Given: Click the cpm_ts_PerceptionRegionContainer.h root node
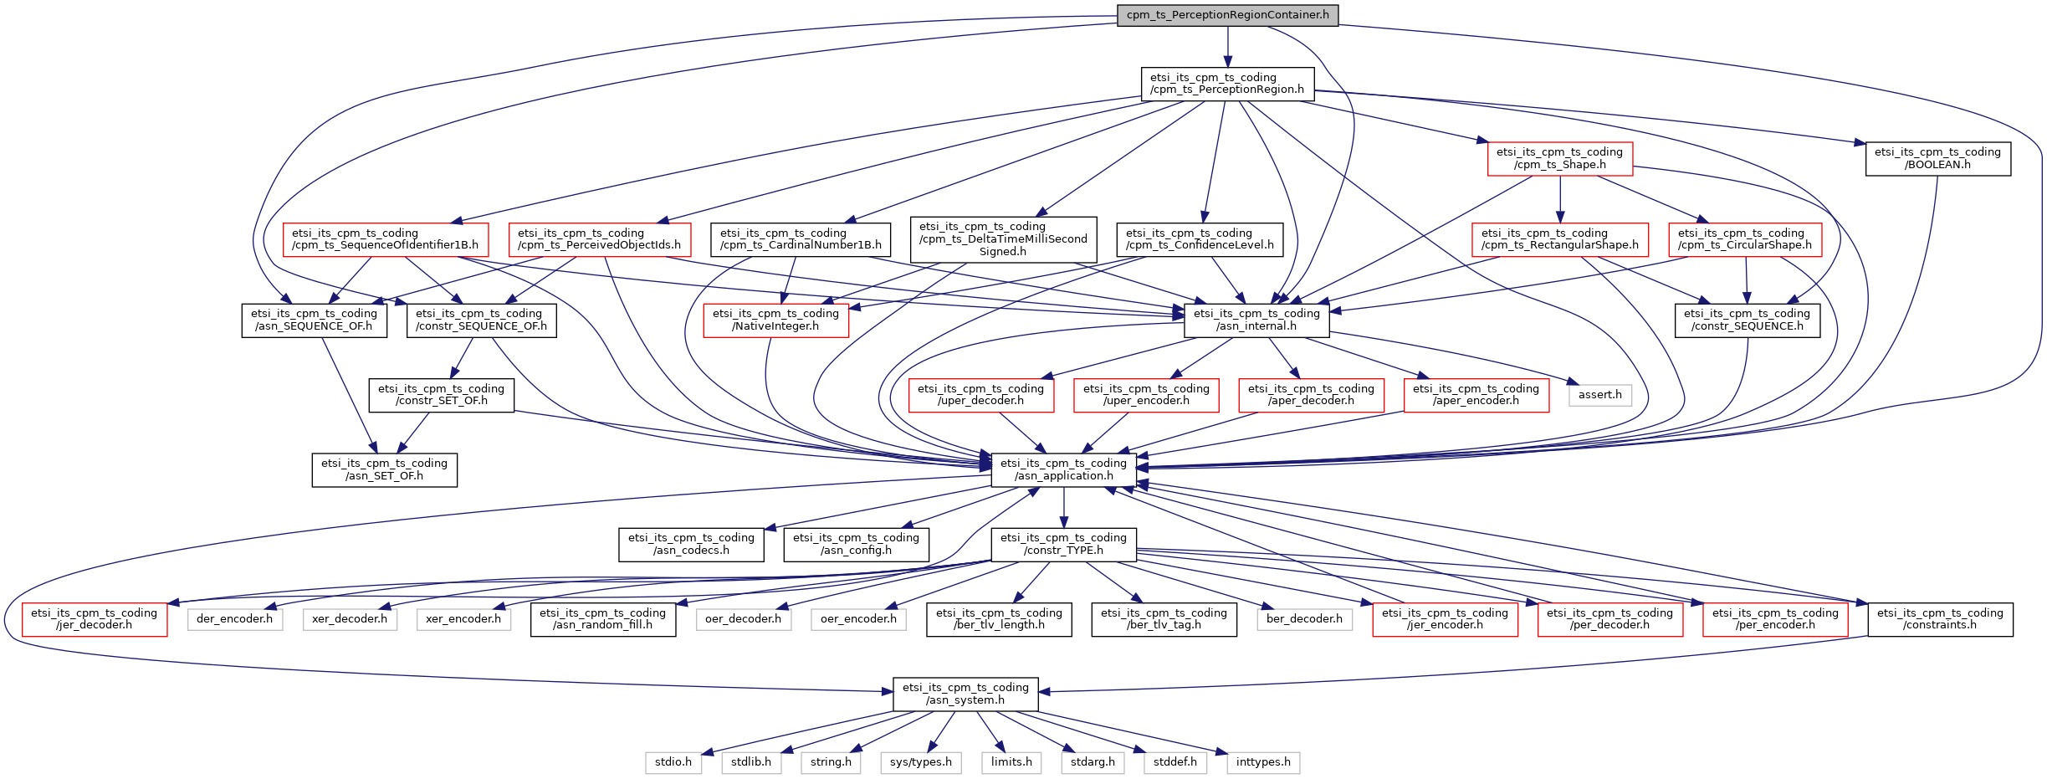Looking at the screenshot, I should point(1227,15).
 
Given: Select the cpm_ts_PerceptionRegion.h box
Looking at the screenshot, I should point(1227,84).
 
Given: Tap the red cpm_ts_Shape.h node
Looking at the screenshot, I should point(1559,158).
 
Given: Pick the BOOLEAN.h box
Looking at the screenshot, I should point(1937,158).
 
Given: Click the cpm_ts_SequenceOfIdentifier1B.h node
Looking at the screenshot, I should point(385,239).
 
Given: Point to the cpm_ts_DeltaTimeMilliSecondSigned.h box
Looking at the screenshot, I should point(1003,239).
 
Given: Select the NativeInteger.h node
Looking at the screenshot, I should point(775,320).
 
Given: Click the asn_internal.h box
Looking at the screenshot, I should point(1256,320).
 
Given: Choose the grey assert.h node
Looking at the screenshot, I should point(1599,395).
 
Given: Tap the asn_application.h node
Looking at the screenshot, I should point(1063,469).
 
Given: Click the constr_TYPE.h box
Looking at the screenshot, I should point(1063,544).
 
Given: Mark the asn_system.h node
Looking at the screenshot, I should point(965,694).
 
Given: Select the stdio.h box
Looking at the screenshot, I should point(673,762).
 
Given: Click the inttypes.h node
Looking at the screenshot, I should point(1263,762).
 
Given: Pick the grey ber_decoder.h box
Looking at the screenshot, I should point(1304,619).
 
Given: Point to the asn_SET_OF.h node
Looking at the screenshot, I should point(384,469).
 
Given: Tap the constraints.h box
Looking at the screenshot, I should point(1940,619).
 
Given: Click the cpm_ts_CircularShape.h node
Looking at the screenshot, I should point(1744,239).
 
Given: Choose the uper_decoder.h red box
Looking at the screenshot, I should point(980,395).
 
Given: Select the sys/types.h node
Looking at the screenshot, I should point(921,762).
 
